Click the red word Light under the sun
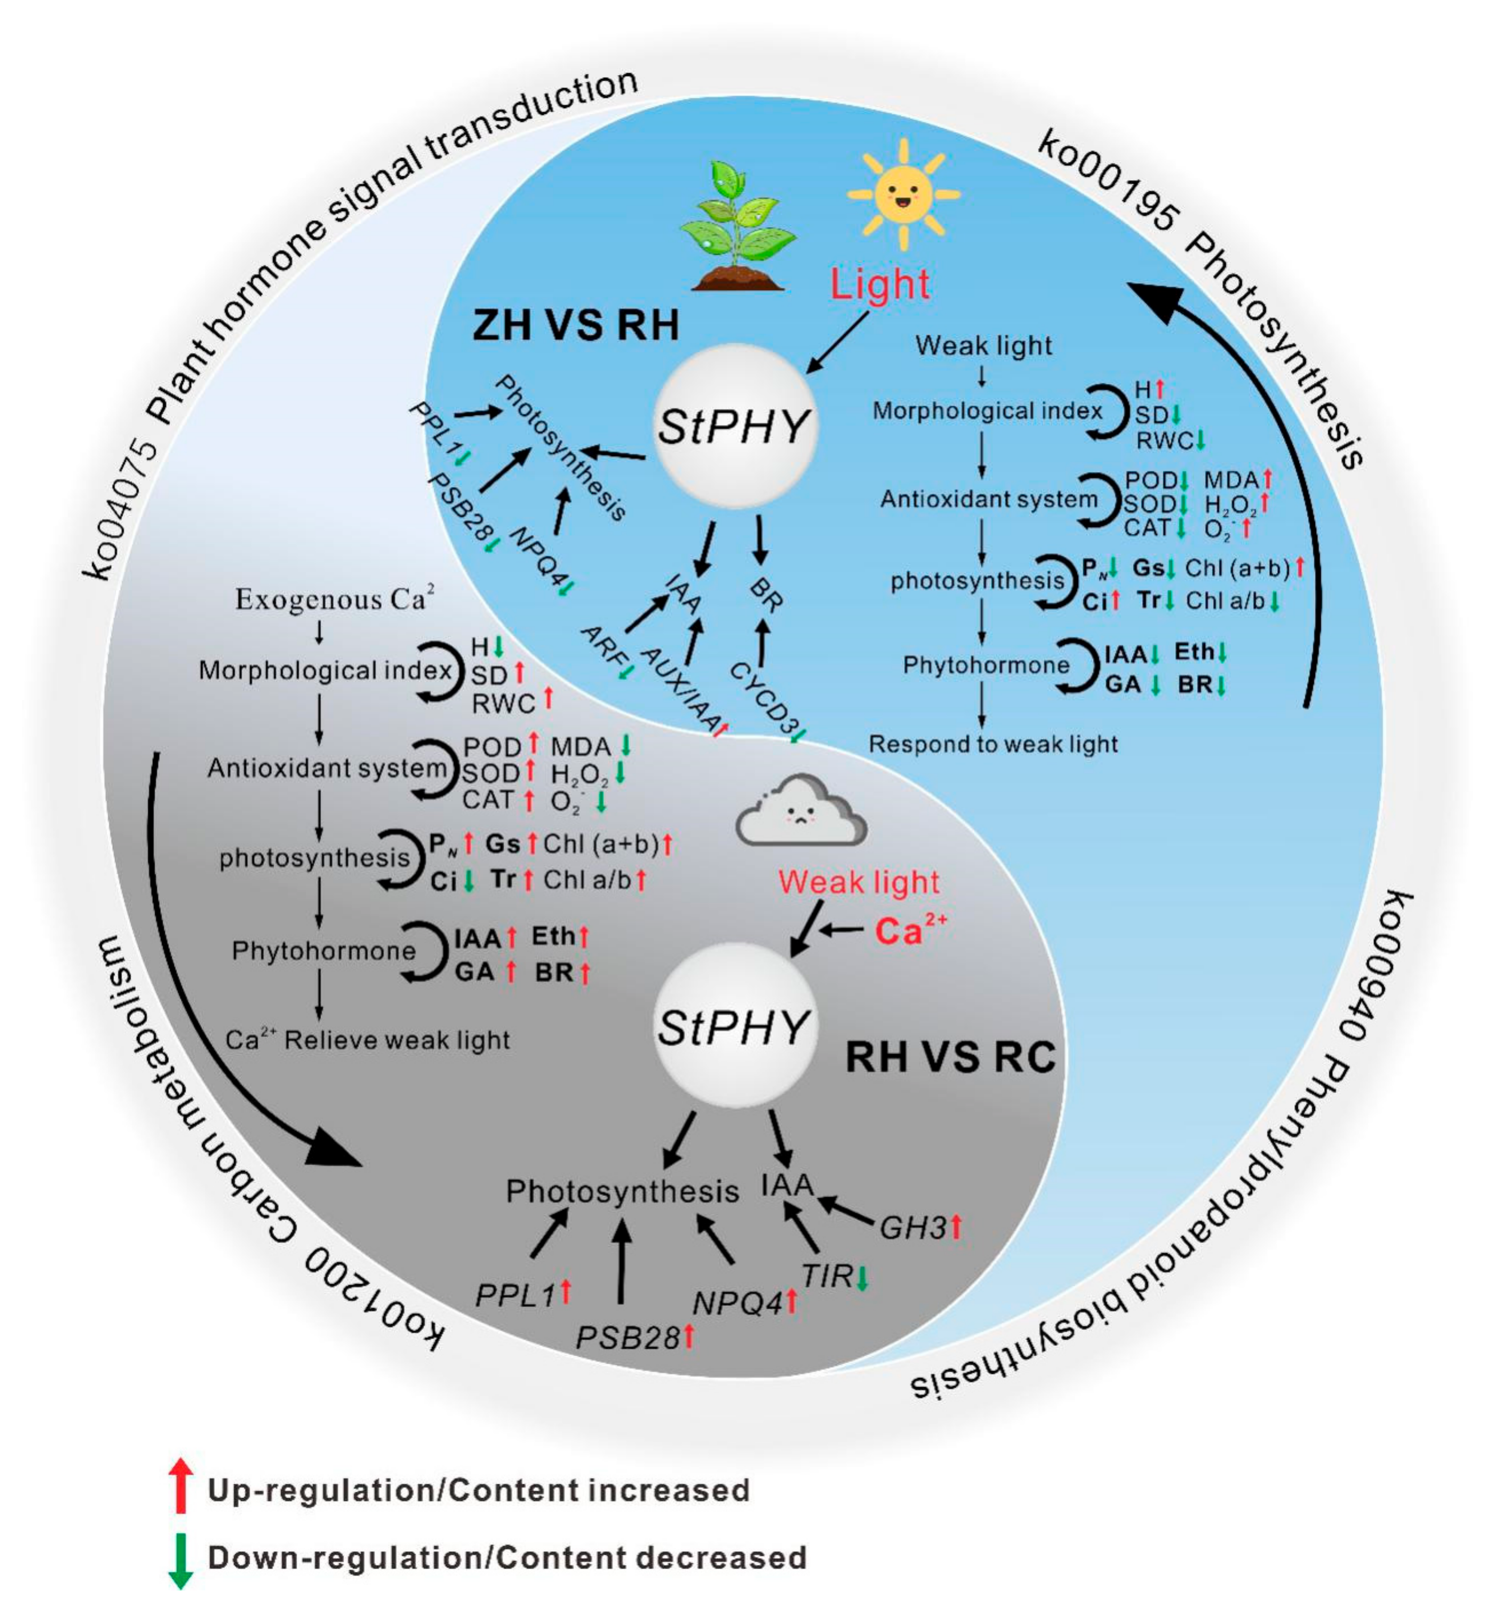[x=880, y=284]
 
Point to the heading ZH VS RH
[x=576, y=325]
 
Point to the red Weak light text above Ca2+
[x=859, y=882]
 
